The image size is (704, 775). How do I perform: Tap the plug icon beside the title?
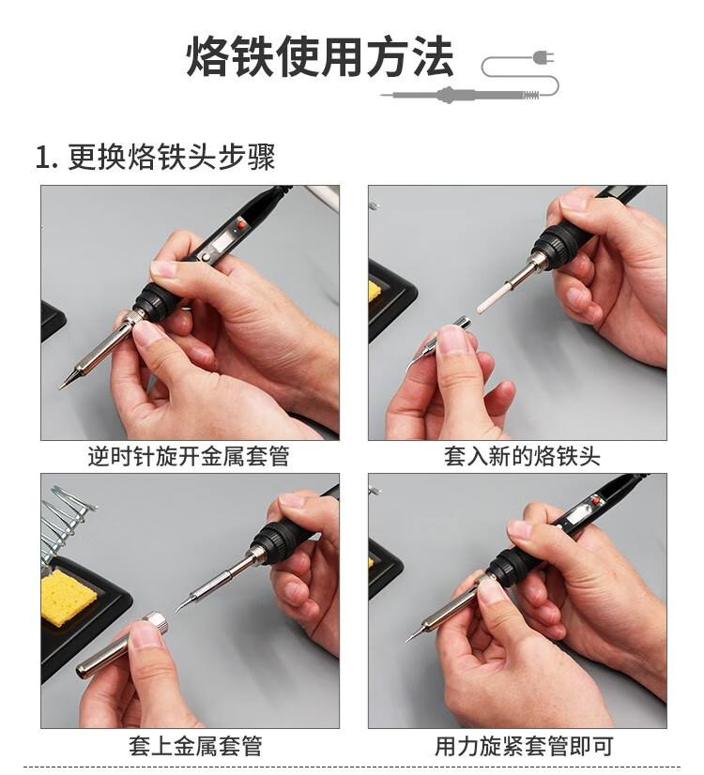point(543,57)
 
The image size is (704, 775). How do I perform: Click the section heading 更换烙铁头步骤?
point(171,158)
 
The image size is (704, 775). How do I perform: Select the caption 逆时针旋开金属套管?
point(189,456)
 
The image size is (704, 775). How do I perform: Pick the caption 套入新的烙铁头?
point(522,456)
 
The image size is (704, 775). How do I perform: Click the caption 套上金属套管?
point(195,746)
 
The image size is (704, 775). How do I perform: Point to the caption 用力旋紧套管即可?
point(524,746)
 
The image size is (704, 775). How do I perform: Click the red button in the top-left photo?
point(242,225)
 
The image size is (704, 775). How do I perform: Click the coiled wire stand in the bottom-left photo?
point(65,519)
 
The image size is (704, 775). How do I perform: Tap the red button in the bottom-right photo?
point(597,501)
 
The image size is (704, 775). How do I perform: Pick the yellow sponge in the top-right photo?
point(373,291)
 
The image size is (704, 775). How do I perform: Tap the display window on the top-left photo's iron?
point(220,243)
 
